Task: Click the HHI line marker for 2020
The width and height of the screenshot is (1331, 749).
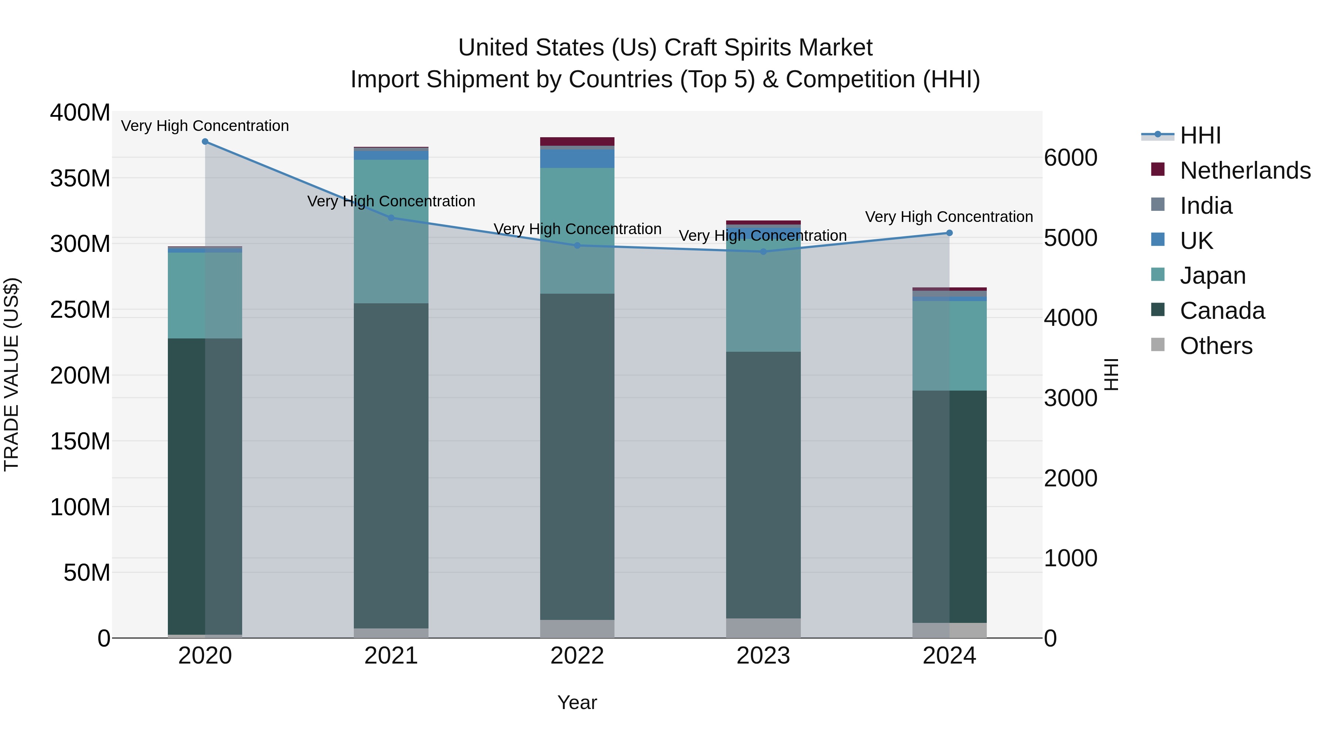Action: click(x=205, y=142)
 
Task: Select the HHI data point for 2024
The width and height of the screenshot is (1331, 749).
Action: click(x=949, y=233)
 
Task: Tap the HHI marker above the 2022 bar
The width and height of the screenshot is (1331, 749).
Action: click(x=577, y=246)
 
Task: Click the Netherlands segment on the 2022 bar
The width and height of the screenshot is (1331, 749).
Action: click(x=577, y=142)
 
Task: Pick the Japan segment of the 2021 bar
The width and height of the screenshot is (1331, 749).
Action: click(x=391, y=231)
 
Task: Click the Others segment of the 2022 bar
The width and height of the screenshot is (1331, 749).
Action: click(x=577, y=628)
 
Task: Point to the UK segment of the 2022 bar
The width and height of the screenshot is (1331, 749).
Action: click(x=577, y=159)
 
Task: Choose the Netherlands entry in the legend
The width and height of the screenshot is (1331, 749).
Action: click(x=1245, y=171)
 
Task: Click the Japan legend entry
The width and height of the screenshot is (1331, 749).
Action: click(x=1212, y=276)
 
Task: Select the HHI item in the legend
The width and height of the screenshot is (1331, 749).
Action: click(x=1200, y=135)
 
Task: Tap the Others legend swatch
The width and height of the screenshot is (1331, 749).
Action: click(x=1158, y=345)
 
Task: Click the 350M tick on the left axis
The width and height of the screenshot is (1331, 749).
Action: click(x=80, y=178)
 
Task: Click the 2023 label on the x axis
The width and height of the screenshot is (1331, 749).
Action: click(x=763, y=656)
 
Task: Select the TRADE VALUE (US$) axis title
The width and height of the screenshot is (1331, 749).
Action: click(x=11, y=374)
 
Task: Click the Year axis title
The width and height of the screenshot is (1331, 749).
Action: click(x=577, y=702)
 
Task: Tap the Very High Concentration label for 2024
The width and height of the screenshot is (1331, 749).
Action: click(x=949, y=217)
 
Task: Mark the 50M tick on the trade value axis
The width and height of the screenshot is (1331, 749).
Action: click(x=86, y=573)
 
